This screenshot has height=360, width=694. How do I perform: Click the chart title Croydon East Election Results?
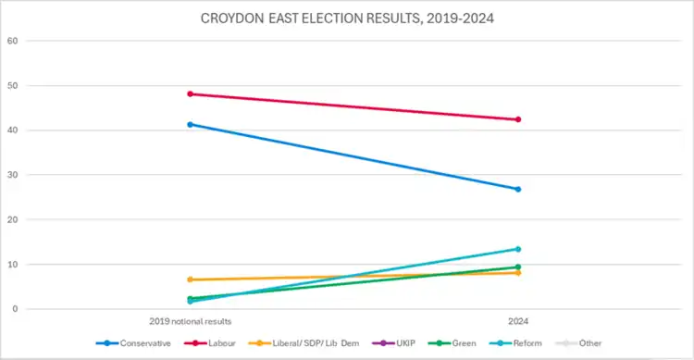pos(347,19)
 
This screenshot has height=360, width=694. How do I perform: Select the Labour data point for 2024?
pos(518,119)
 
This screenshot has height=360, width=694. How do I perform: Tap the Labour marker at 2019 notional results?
pos(191,93)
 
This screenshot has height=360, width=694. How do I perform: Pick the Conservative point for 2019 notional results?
pos(191,124)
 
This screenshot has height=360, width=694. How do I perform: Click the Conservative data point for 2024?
pos(518,189)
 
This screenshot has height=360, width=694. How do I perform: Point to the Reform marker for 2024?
pos(518,249)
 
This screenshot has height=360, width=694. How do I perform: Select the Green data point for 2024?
pos(518,267)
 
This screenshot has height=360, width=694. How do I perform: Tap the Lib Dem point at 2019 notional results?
pos(191,279)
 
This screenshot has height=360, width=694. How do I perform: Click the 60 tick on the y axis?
pos(12,41)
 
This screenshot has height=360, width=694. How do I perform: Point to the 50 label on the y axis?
pos(12,85)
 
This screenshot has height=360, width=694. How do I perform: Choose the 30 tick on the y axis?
pos(12,175)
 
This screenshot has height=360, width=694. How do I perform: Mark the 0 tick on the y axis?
pos(15,309)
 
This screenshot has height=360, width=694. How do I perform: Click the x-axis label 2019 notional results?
pos(191,321)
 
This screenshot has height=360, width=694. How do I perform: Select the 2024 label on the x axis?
pos(518,321)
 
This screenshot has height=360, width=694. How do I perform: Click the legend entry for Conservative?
pos(133,343)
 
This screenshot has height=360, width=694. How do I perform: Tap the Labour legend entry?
pos(210,343)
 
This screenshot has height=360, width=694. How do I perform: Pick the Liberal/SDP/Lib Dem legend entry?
pos(304,343)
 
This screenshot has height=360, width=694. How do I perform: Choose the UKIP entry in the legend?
pos(394,343)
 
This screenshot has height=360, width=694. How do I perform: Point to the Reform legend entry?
pos(516,343)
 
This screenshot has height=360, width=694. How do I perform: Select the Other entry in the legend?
pos(578,343)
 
